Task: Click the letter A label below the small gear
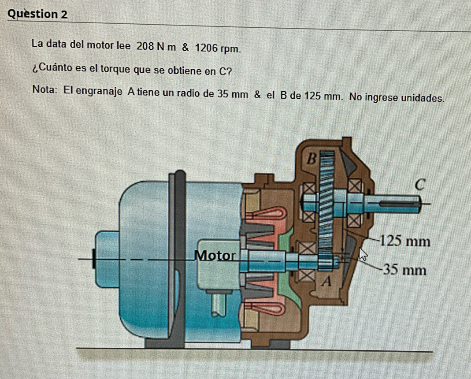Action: (326, 281)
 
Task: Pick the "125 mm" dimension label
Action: (404, 242)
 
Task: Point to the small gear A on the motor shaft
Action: (325, 263)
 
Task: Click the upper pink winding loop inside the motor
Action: (269, 214)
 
